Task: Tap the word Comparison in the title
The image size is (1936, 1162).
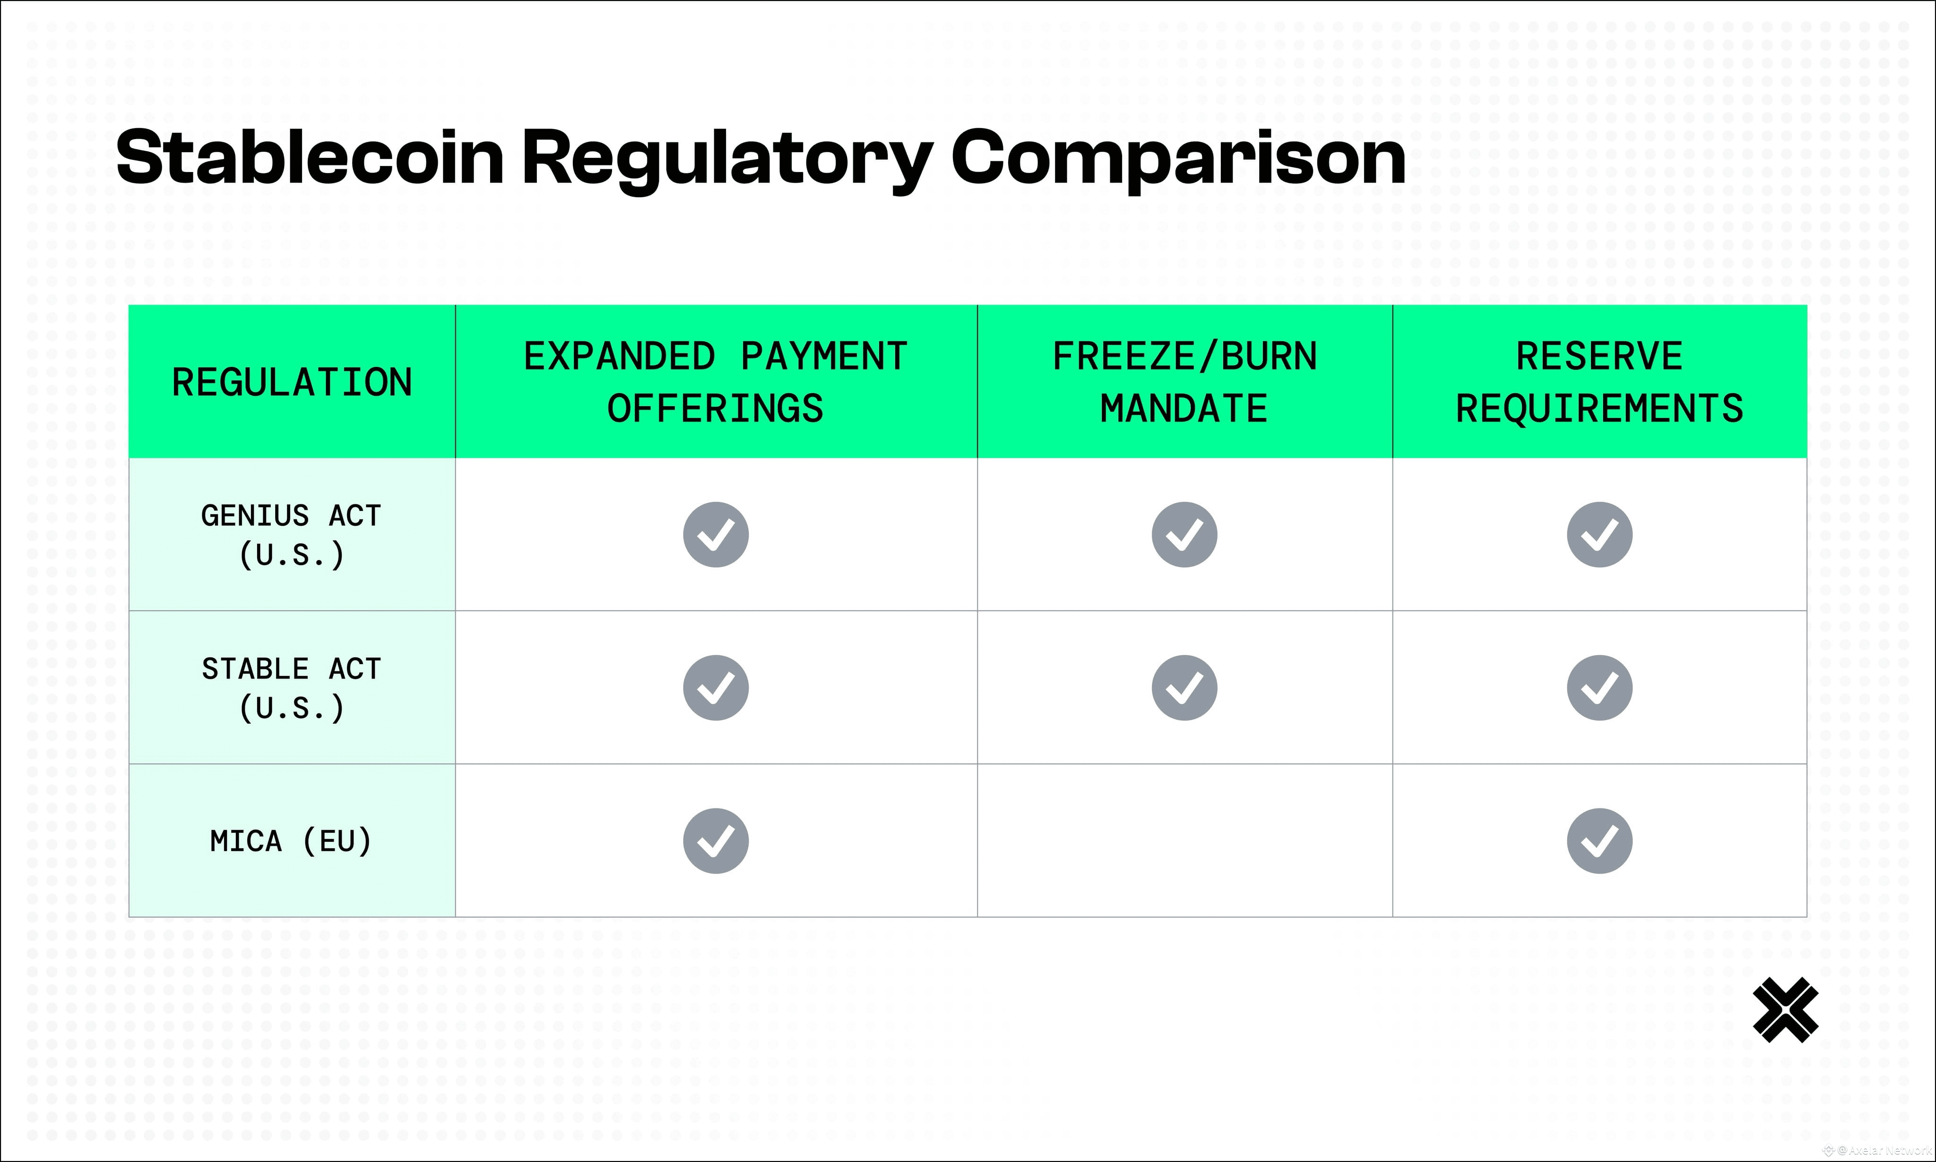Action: pos(1178,161)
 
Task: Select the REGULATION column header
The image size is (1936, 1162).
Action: pos(292,382)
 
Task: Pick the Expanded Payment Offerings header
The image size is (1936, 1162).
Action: pos(716,382)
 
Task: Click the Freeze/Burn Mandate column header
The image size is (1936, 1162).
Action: pos(1184,382)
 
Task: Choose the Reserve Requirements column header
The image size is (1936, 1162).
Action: pos(1599,382)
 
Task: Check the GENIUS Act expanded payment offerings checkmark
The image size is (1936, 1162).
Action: pos(716,535)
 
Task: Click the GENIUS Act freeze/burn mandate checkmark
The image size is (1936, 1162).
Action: pos(1184,535)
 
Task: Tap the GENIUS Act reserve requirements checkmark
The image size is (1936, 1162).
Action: pos(1599,535)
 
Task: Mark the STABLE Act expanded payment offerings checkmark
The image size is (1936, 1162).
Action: pos(716,687)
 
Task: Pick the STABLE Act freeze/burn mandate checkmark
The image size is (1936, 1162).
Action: pos(1184,687)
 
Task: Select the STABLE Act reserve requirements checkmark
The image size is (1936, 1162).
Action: pos(1599,687)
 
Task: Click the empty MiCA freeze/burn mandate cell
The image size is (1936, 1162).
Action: pos(1184,840)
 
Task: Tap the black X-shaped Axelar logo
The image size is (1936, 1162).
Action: pos(1786,1010)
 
